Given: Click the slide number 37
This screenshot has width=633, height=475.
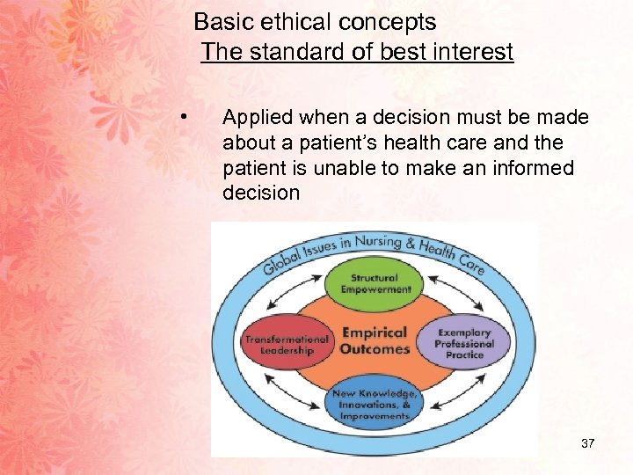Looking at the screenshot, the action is pyautogui.click(x=588, y=443).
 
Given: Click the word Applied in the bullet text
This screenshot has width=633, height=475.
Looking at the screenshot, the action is pyautogui.click(x=258, y=118).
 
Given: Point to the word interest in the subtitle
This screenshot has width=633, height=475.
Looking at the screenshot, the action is pyautogui.click(x=476, y=52).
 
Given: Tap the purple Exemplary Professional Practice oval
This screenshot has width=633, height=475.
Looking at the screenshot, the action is pyautogui.click(x=464, y=342).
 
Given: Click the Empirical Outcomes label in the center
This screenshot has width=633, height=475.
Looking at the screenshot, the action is pyautogui.click(x=375, y=340).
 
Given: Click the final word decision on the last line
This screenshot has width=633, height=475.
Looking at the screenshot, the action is pyautogui.click(x=261, y=192).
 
